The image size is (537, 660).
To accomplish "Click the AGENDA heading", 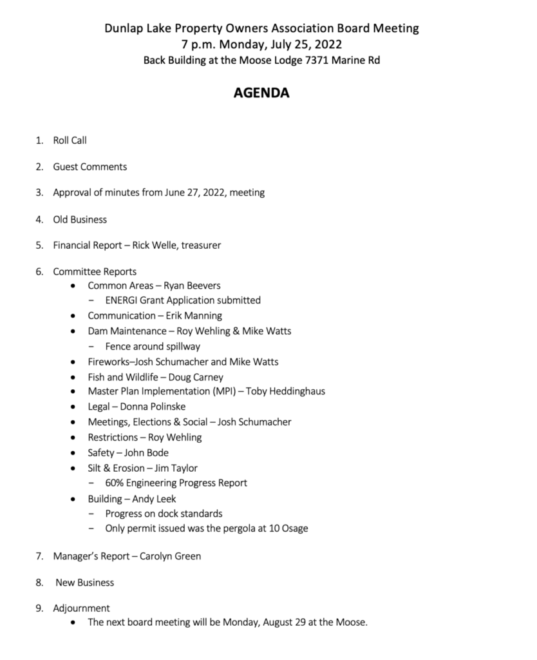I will coord(261,93).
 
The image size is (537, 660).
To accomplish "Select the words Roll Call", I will coord(70,140).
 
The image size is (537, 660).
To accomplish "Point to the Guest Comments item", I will coord(90,166).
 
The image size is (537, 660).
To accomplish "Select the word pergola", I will coord(235,529).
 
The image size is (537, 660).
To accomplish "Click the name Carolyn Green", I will coord(175,556).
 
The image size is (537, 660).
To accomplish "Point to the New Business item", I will coord(84,582).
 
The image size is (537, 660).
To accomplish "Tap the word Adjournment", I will coord(82,608).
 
